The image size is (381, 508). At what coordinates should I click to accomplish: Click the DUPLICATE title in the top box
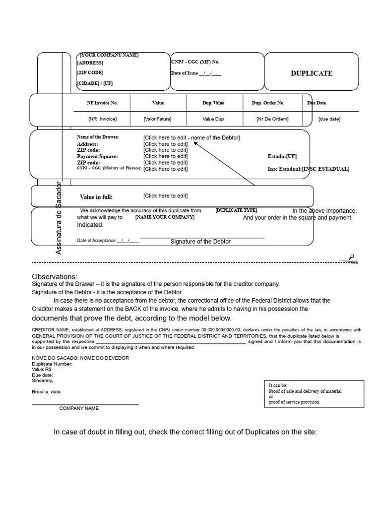[311, 73]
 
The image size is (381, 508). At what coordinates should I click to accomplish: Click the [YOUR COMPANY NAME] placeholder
[109, 55]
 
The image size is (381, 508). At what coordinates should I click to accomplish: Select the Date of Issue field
[196, 73]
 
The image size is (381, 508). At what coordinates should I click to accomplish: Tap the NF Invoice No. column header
[102, 103]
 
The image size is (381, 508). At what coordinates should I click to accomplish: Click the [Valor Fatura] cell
[158, 119]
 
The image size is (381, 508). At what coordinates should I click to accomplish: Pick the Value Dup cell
[213, 119]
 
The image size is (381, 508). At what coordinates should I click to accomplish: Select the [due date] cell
[329, 119]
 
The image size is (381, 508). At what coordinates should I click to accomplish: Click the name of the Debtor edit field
[191, 137]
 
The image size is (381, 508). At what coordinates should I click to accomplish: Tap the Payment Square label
[97, 156]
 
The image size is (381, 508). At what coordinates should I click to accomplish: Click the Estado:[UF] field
[282, 156]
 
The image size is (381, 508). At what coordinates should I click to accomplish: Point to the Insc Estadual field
[308, 169]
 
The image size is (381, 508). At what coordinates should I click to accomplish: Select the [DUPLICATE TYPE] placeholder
[236, 210]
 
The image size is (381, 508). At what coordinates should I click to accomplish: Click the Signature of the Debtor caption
[200, 242]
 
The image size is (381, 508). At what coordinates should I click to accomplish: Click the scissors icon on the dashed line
[352, 258]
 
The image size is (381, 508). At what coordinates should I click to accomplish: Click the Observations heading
[55, 276]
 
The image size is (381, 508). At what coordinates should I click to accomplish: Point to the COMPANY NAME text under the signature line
[79, 408]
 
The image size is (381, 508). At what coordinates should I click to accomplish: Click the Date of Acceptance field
[108, 241]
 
